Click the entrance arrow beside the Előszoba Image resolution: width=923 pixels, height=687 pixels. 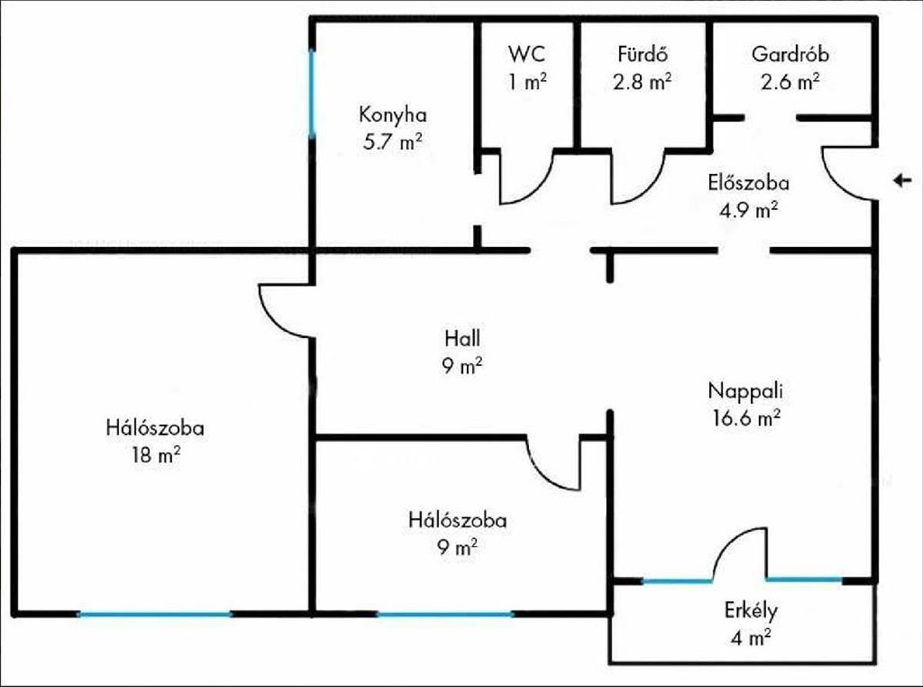[902, 181]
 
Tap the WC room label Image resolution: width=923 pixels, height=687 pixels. [527, 54]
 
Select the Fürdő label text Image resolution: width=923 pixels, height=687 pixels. [643, 54]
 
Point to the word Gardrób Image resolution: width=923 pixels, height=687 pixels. [790, 55]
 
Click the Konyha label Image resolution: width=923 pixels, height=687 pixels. [393, 115]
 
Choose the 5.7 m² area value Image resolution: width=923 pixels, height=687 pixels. [393, 142]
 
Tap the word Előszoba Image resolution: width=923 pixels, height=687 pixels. [748, 183]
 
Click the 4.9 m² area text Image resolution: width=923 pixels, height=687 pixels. [748, 211]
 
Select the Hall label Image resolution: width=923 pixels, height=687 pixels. [462, 338]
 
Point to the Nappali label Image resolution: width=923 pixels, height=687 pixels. [745, 391]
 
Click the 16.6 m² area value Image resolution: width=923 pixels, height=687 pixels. [747, 418]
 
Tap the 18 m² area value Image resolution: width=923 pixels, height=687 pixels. [156, 455]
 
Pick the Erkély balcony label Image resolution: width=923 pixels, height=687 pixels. [751, 611]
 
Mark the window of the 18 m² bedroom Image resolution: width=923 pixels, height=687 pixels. [155, 614]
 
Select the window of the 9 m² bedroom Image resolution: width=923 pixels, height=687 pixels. [445, 614]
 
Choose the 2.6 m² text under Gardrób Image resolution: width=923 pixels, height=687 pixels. [790, 82]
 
